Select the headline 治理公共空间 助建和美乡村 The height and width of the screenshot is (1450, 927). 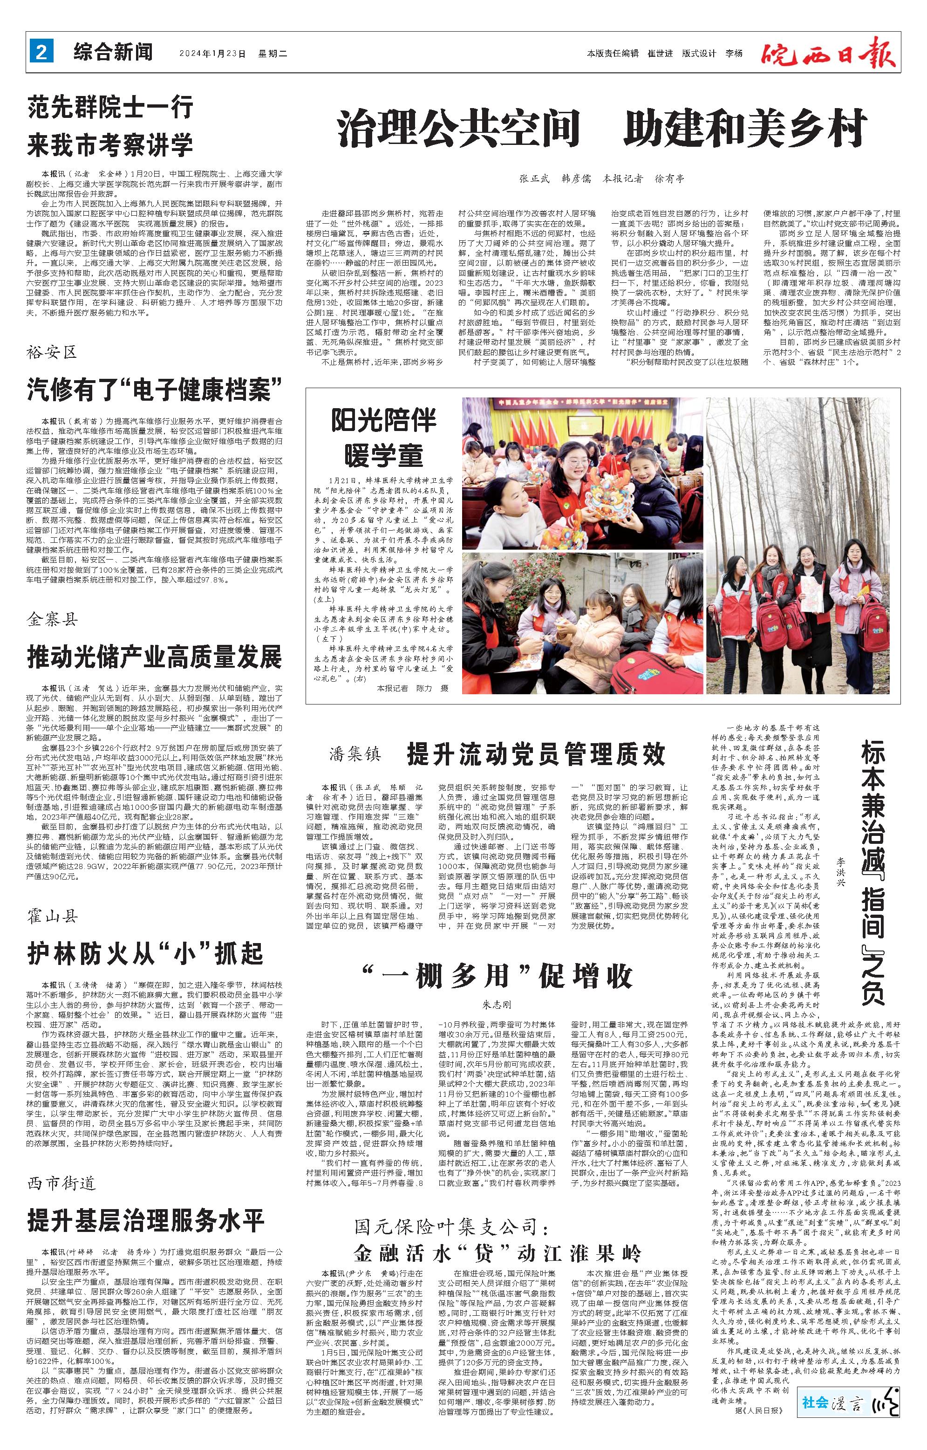(601, 128)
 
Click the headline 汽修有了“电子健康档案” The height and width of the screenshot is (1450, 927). (155, 390)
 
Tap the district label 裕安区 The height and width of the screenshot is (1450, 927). (52, 352)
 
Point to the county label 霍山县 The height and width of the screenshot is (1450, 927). (52, 917)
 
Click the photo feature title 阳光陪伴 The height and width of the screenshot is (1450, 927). (383, 420)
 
